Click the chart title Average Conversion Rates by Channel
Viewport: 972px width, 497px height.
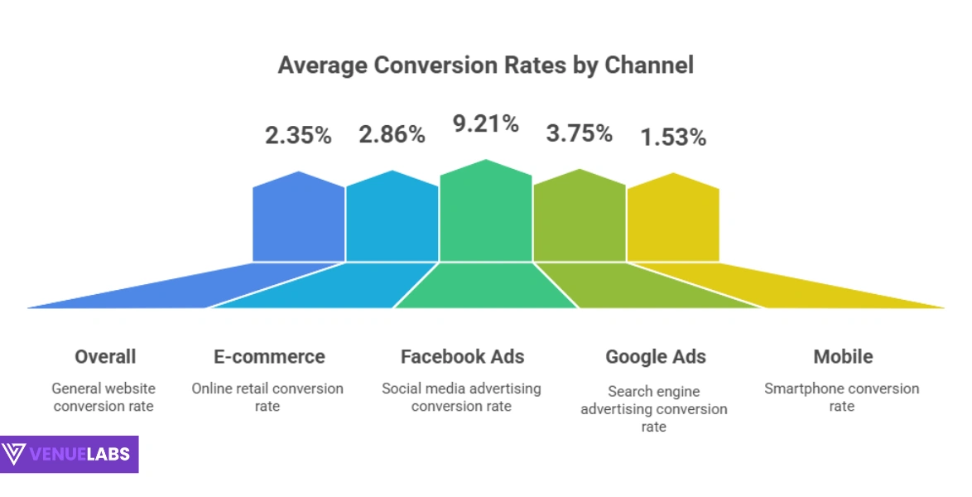(485, 65)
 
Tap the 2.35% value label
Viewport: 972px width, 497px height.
(298, 135)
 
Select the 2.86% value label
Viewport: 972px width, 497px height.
(392, 134)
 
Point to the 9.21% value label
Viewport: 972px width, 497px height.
(485, 124)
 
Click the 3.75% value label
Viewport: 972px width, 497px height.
(579, 133)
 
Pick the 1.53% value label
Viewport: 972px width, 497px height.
(672, 137)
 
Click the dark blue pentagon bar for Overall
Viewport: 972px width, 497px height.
(298, 220)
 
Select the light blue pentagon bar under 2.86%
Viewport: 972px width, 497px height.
(392, 220)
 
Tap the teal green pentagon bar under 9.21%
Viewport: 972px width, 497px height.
(485, 214)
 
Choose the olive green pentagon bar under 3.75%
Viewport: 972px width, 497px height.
(579, 218)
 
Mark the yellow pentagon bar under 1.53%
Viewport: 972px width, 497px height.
(672, 220)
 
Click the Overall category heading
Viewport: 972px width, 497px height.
(105, 357)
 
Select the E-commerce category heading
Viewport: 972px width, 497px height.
(269, 357)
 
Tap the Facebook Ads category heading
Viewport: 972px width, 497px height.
(462, 357)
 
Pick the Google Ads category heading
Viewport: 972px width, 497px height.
(655, 357)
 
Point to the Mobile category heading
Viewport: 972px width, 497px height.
(842, 357)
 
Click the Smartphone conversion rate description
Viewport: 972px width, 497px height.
(842, 397)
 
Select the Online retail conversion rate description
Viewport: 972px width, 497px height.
(267, 397)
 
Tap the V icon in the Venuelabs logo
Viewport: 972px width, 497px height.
(15, 455)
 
